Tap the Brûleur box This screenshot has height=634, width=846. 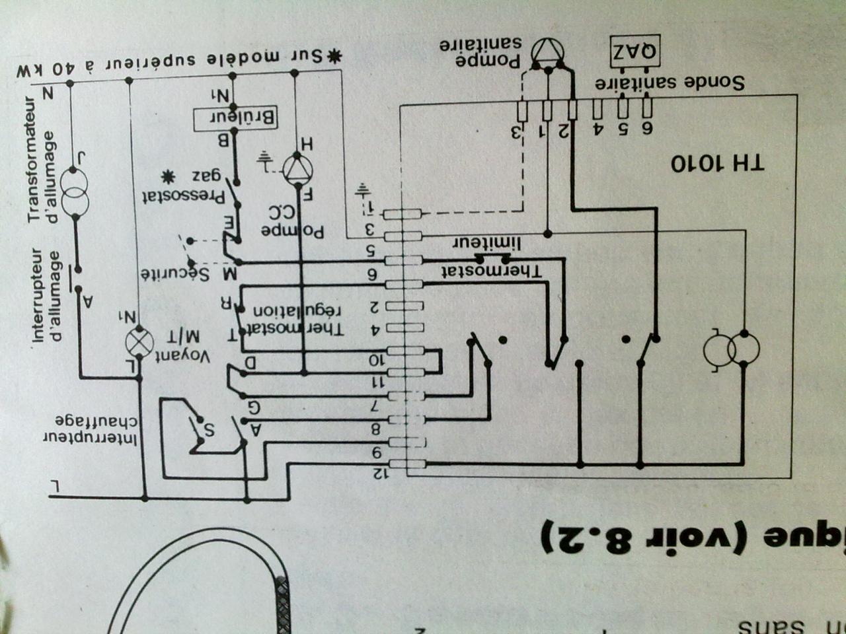235,118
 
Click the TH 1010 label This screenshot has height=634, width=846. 718,163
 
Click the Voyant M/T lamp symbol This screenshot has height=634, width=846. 139,342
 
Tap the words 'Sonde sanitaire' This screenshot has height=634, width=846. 670,83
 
